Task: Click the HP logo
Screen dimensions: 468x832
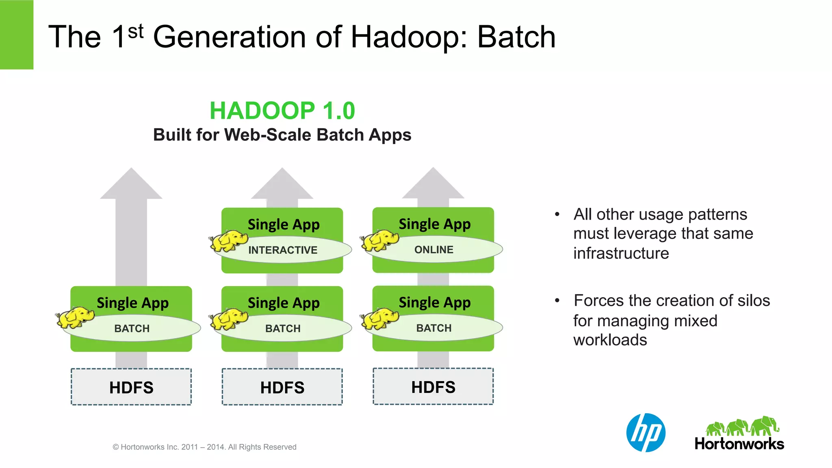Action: tap(646, 433)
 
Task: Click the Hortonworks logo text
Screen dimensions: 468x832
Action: tap(739, 444)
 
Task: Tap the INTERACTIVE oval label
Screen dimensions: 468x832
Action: tap(283, 250)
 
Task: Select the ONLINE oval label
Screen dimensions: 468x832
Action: tap(433, 250)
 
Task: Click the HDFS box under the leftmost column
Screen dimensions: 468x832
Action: tap(131, 387)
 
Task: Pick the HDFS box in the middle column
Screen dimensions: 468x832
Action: tap(282, 387)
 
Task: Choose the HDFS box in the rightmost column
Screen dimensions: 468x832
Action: tap(433, 387)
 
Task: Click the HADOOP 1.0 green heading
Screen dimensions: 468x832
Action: tap(282, 110)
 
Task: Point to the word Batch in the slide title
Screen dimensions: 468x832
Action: tap(516, 37)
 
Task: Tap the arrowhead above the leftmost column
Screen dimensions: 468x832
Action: tap(131, 185)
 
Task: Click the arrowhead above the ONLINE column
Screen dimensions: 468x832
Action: tap(433, 185)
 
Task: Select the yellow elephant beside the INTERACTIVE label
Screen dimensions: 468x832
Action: tap(228, 241)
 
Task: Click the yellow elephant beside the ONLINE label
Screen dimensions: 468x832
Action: tap(379, 241)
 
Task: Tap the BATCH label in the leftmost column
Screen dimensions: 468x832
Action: tap(132, 328)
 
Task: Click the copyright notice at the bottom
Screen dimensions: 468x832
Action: tap(204, 447)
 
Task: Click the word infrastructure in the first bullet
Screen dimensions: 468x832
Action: tap(621, 253)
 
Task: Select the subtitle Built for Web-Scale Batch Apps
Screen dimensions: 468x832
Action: tap(282, 135)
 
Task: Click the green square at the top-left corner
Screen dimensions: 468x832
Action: tap(16, 35)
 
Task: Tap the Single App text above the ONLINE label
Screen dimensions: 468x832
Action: tap(434, 224)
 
